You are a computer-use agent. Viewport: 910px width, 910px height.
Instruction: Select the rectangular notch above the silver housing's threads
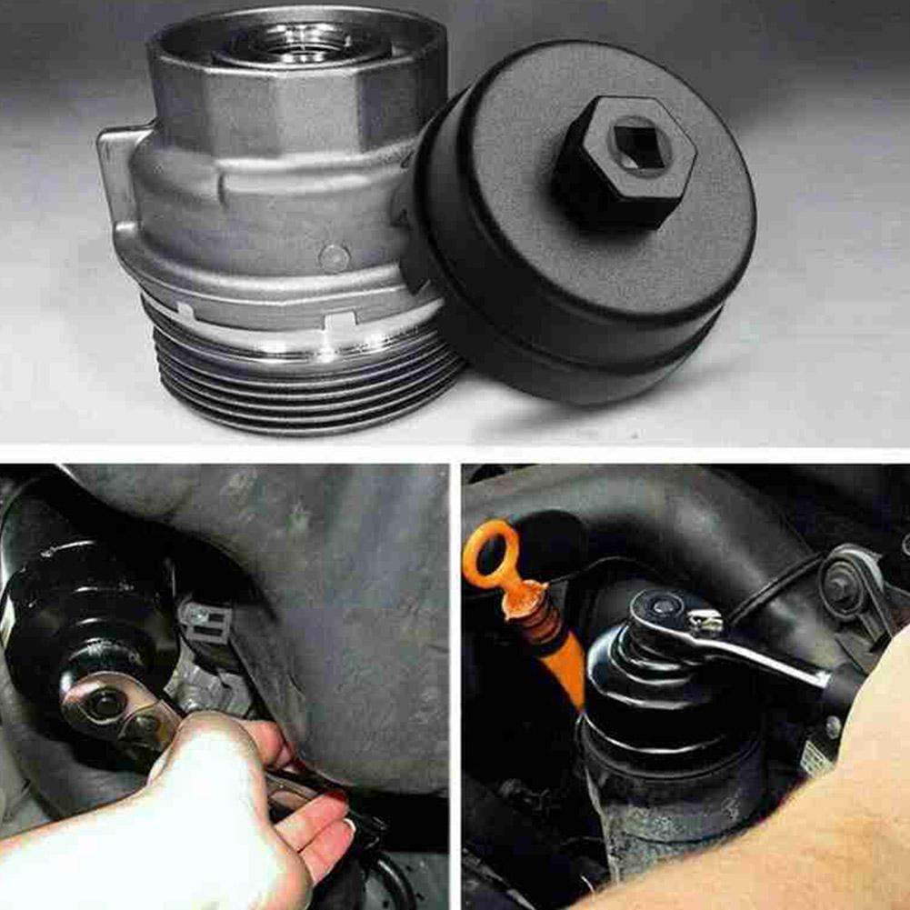[x=341, y=323]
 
